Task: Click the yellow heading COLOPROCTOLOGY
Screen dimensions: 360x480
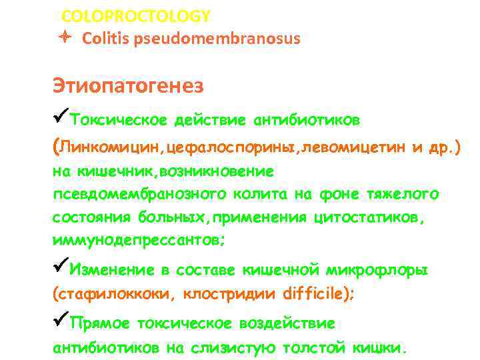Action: [136, 15]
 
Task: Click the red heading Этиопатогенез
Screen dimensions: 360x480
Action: [128, 87]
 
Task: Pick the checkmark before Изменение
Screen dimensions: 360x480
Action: [61, 269]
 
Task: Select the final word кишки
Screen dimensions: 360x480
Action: [379, 347]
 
